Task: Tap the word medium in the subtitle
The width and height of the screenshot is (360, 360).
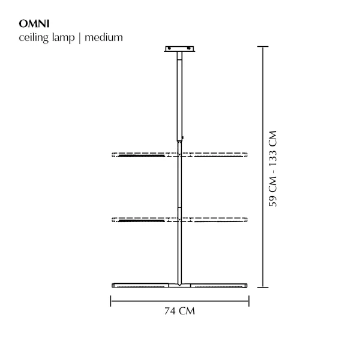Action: [x=104, y=37]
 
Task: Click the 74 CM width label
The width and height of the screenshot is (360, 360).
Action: [x=180, y=311]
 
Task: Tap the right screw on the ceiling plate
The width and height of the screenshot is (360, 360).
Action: [x=190, y=50]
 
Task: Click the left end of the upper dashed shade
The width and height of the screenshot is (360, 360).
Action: [x=114, y=155]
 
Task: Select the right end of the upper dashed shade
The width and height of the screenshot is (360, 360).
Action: [x=246, y=155]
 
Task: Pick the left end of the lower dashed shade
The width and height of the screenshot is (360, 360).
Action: [x=114, y=220]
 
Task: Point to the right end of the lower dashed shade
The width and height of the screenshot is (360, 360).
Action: [x=246, y=220]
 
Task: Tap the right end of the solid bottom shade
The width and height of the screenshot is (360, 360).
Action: [x=246, y=284]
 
